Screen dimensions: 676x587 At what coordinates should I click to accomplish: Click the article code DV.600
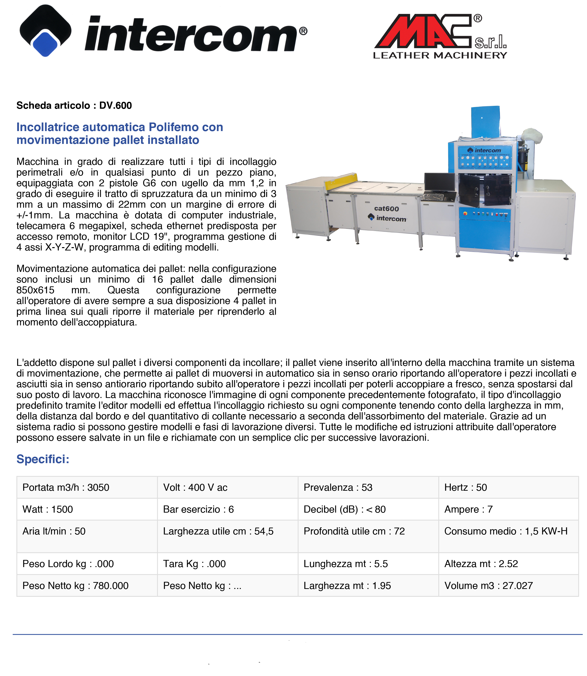point(115,106)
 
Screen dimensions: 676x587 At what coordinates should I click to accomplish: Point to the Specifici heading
point(43,459)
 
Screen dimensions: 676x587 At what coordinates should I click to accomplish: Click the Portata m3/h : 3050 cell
point(66,487)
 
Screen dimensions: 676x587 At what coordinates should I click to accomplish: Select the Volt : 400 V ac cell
point(195,487)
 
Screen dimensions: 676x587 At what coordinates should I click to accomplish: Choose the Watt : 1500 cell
point(48,509)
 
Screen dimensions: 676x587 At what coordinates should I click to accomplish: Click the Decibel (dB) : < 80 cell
point(344,509)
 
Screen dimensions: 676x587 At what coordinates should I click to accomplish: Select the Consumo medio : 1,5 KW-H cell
point(506,531)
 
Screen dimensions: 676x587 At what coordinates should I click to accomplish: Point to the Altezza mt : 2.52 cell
point(481,563)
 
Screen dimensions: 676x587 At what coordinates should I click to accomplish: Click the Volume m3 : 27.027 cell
point(488,586)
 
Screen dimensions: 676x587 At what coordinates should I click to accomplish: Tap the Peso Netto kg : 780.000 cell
point(75,586)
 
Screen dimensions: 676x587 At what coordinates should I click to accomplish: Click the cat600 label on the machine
point(387,209)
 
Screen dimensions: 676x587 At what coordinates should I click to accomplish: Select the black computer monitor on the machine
point(440,182)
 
